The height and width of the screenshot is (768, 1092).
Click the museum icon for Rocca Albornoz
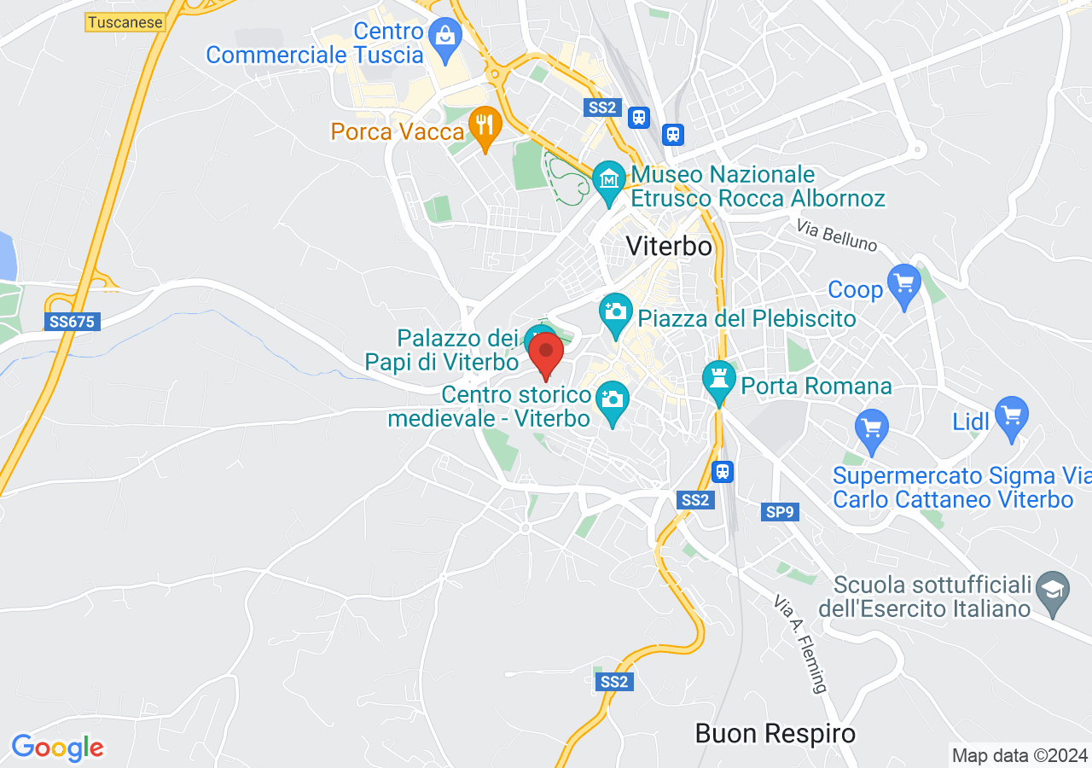tap(609, 181)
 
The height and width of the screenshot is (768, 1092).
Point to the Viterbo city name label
tap(669, 246)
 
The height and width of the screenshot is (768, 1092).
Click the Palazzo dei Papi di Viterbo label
tap(441, 350)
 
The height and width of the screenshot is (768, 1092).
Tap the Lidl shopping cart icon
tap(1012, 416)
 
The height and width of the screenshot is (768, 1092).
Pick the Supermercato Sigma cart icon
tap(871, 427)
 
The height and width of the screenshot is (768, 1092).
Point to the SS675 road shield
tap(72, 322)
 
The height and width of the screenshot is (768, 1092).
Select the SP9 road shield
tap(780, 512)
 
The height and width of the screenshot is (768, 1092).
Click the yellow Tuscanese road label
tap(125, 22)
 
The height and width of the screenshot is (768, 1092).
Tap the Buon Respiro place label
tap(775, 733)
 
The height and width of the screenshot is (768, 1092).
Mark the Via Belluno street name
tap(837, 236)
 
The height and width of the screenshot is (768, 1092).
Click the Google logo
tap(57, 748)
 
